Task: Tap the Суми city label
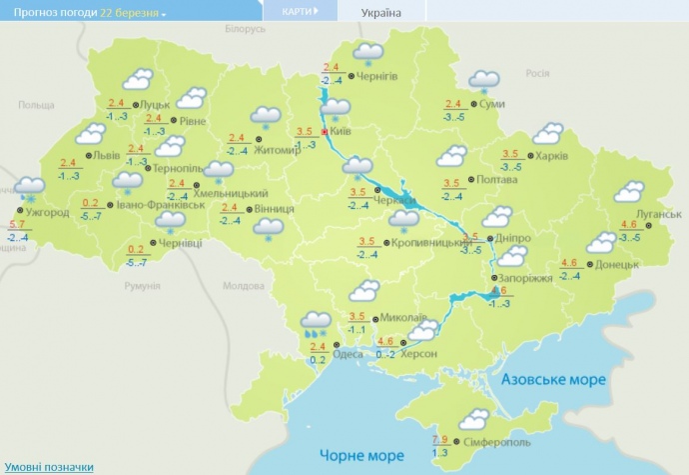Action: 491,104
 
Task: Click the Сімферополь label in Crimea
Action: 497,442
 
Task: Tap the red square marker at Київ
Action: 325,130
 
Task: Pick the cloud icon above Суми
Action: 484,80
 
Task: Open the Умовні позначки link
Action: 50,466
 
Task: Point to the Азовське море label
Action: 552,381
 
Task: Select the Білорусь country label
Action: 246,29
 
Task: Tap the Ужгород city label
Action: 47,213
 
